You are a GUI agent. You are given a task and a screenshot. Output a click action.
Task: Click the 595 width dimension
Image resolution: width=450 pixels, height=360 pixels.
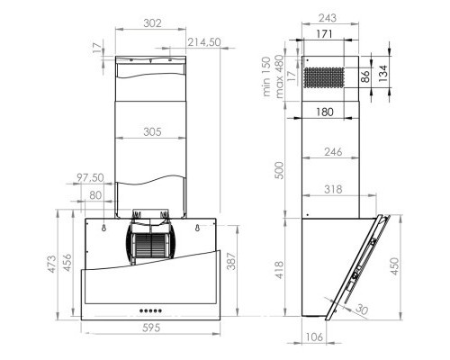pos(150,328)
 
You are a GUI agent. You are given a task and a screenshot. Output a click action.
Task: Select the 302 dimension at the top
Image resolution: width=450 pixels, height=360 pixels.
pos(151,24)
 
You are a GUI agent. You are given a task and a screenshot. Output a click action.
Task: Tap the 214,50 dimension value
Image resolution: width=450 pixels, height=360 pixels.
pos(205,42)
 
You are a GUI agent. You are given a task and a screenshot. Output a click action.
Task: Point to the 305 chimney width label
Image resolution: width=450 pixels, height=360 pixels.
pos(151,132)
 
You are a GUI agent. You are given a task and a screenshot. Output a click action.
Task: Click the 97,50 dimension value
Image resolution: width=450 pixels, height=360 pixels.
pos(89,178)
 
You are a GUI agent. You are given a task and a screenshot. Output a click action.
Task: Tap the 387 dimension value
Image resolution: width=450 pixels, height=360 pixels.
pos(231,261)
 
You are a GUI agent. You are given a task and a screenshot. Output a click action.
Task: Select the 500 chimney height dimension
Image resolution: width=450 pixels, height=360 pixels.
pos(280,171)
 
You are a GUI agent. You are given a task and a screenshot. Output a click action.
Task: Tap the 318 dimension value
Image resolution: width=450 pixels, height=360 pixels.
pos(333,190)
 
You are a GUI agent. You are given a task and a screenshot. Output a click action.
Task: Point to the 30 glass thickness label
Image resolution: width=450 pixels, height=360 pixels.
pos(360,309)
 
